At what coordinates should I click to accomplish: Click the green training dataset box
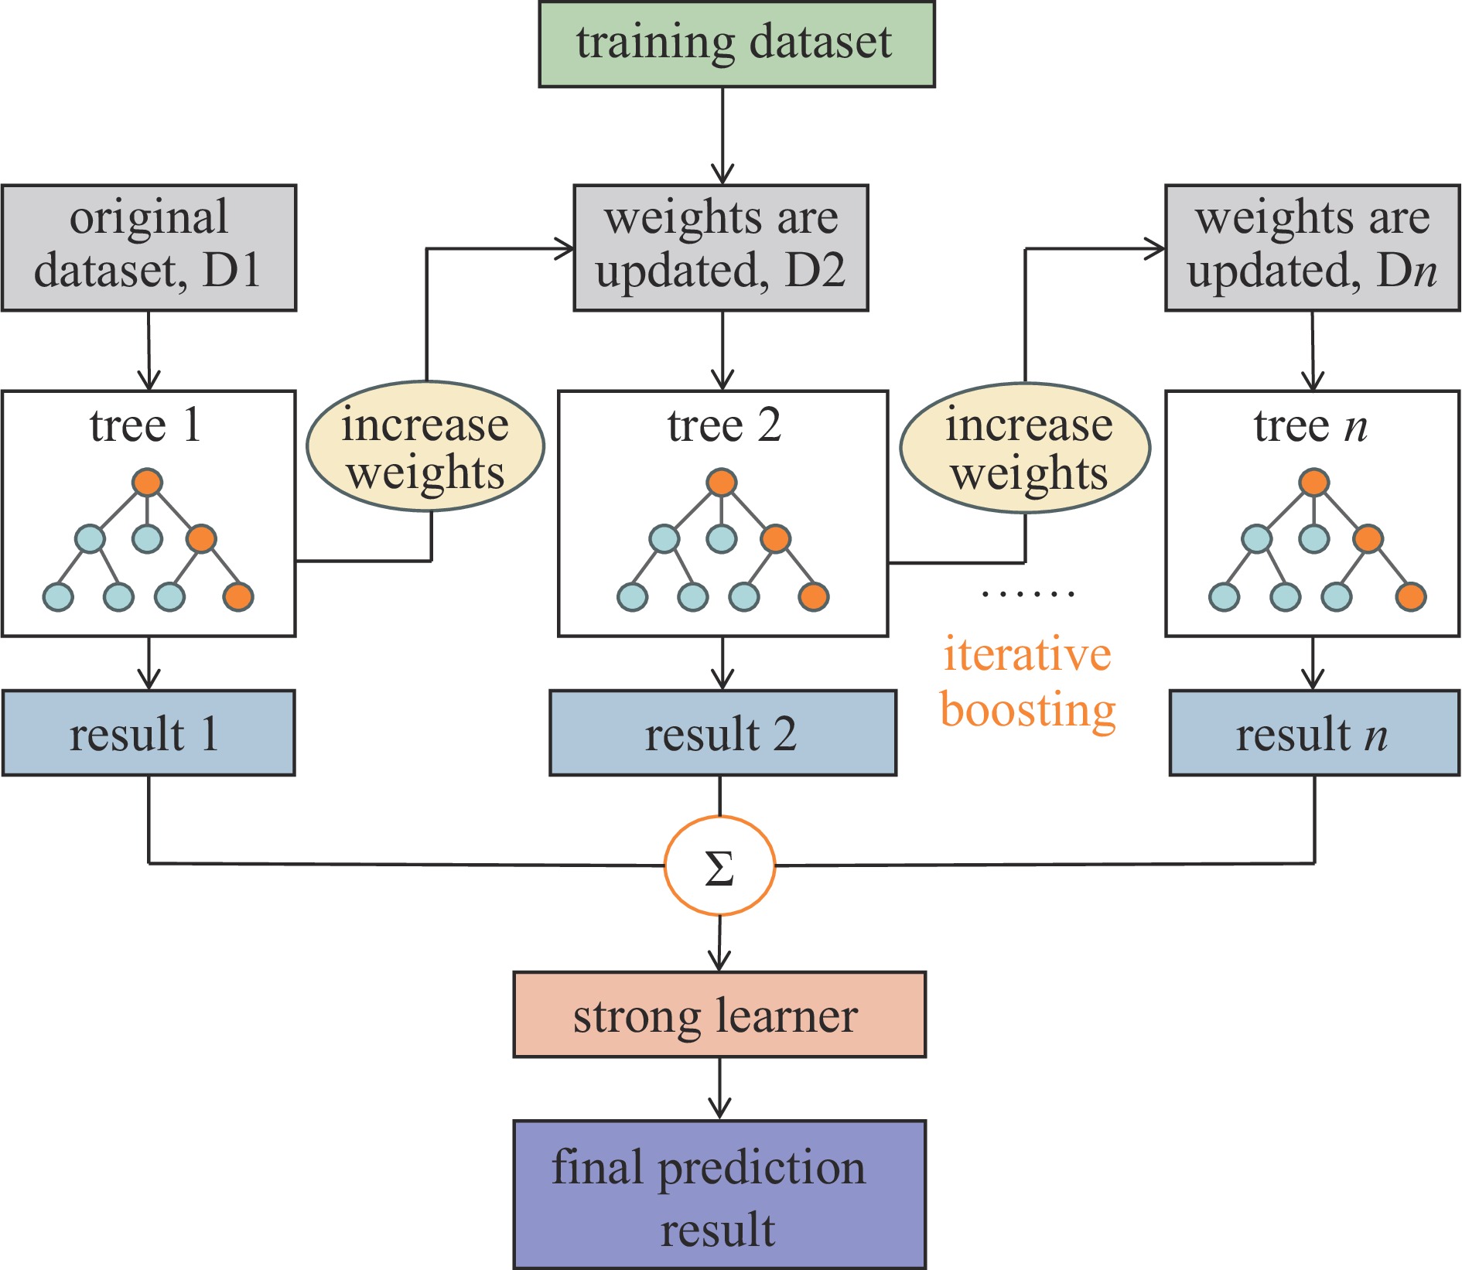pyautogui.click(x=736, y=44)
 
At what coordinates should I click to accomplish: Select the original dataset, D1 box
pyautogui.click(x=149, y=248)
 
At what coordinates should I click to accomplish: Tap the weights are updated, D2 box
pyautogui.click(x=721, y=248)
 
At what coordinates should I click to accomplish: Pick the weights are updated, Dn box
pyautogui.click(x=1312, y=248)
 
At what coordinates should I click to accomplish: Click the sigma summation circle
pyautogui.click(x=719, y=866)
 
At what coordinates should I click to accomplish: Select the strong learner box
pyautogui.click(x=719, y=1015)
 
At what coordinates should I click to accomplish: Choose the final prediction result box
pyautogui.click(x=719, y=1195)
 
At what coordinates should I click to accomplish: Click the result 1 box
pyautogui.click(x=149, y=733)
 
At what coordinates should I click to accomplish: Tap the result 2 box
pyautogui.click(x=722, y=733)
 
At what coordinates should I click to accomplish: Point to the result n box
pyautogui.click(x=1314, y=733)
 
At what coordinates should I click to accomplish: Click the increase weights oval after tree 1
pyautogui.click(x=425, y=447)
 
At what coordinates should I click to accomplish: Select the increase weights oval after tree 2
pyautogui.click(x=1026, y=449)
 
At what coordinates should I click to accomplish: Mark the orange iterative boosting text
pyautogui.click(x=1027, y=682)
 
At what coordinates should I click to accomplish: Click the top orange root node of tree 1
pyautogui.click(x=147, y=482)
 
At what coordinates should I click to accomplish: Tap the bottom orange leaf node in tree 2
pyautogui.click(x=814, y=596)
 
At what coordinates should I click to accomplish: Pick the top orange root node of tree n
pyautogui.click(x=1313, y=482)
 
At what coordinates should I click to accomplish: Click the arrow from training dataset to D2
pyautogui.click(x=722, y=136)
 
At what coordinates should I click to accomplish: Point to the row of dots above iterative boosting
pyautogui.click(x=1027, y=594)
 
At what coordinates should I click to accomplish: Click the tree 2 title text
pyautogui.click(x=724, y=425)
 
